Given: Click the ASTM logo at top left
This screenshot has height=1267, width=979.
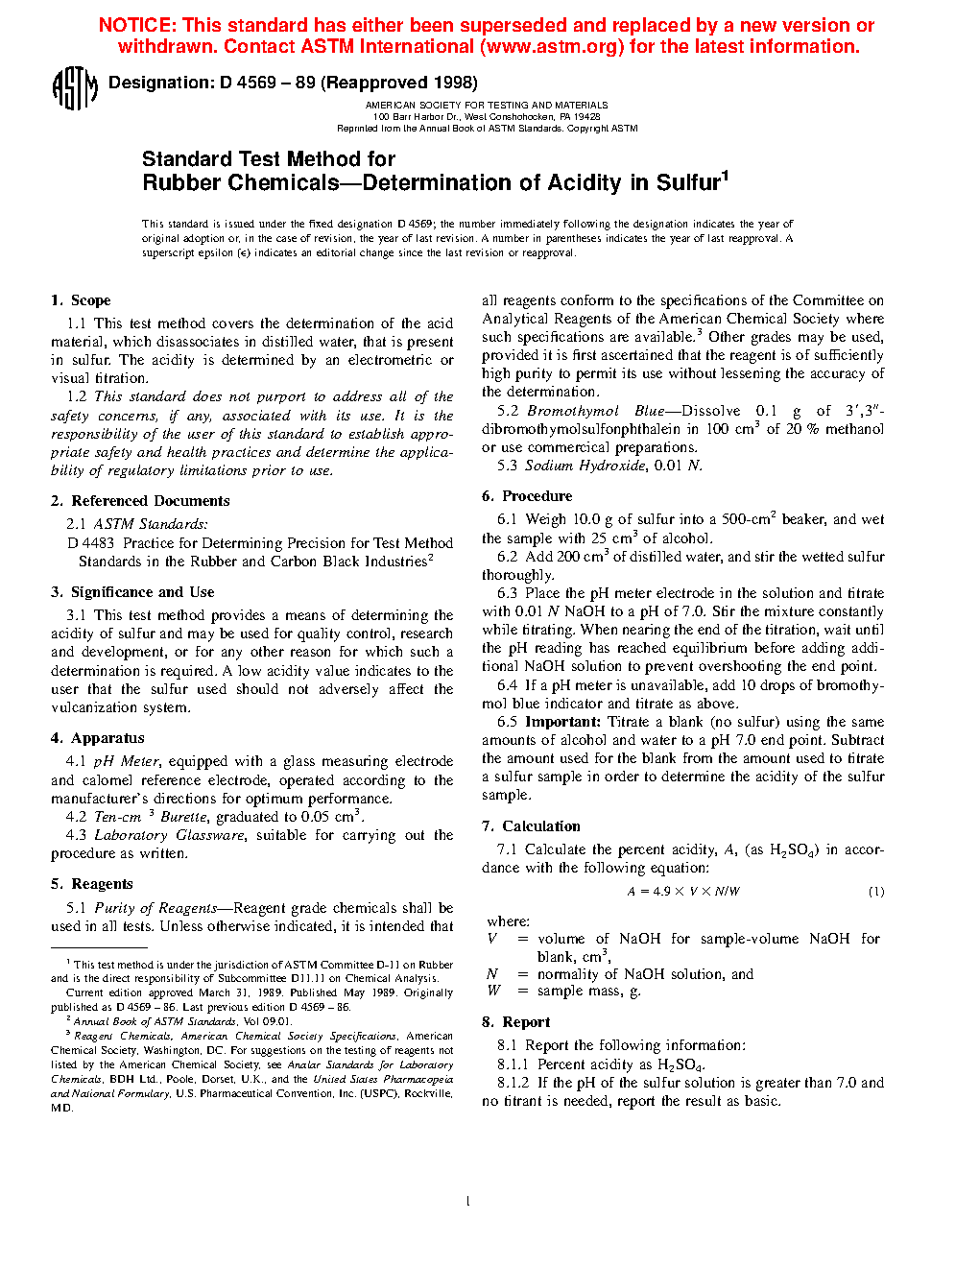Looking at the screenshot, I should tap(75, 88).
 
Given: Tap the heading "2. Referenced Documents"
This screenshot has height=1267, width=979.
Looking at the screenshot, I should tap(140, 501).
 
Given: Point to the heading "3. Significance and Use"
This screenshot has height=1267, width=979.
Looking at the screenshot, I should tap(132, 592).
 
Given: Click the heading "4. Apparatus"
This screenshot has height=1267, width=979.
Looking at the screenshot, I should tap(98, 738).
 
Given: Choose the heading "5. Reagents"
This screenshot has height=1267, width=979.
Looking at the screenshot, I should tap(92, 884).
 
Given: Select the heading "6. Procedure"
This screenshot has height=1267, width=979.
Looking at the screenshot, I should tap(527, 496).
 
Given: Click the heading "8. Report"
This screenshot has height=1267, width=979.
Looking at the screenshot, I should tap(516, 1022).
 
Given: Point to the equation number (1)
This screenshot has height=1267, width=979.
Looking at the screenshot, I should tap(876, 892).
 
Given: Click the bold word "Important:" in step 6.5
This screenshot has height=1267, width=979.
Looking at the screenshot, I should tap(562, 722).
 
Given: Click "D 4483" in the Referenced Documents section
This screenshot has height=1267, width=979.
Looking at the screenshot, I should tap(91, 543).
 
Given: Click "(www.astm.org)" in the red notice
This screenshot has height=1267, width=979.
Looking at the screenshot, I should tap(552, 47).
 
